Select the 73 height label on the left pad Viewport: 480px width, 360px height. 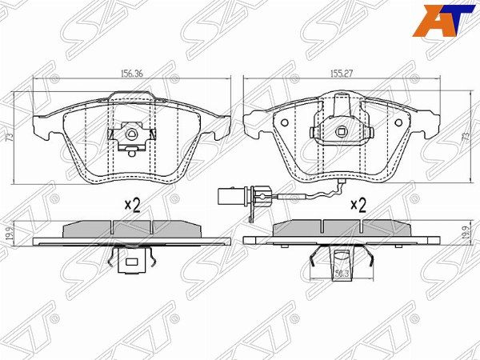pyautogui.click(x=10, y=137)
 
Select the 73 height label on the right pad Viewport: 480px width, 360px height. pyautogui.click(x=465, y=138)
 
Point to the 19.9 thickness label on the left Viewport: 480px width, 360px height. pyautogui.click(x=10, y=233)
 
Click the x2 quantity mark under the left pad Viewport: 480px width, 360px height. pyautogui.click(x=132, y=205)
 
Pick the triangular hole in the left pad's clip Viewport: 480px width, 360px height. pyautogui.click(x=130, y=132)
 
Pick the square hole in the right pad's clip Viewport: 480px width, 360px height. pyautogui.click(x=342, y=134)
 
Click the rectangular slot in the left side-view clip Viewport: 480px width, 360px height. pyautogui.click(x=130, y=260)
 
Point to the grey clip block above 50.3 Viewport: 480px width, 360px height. pyautogui.click(x=341, y=258)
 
